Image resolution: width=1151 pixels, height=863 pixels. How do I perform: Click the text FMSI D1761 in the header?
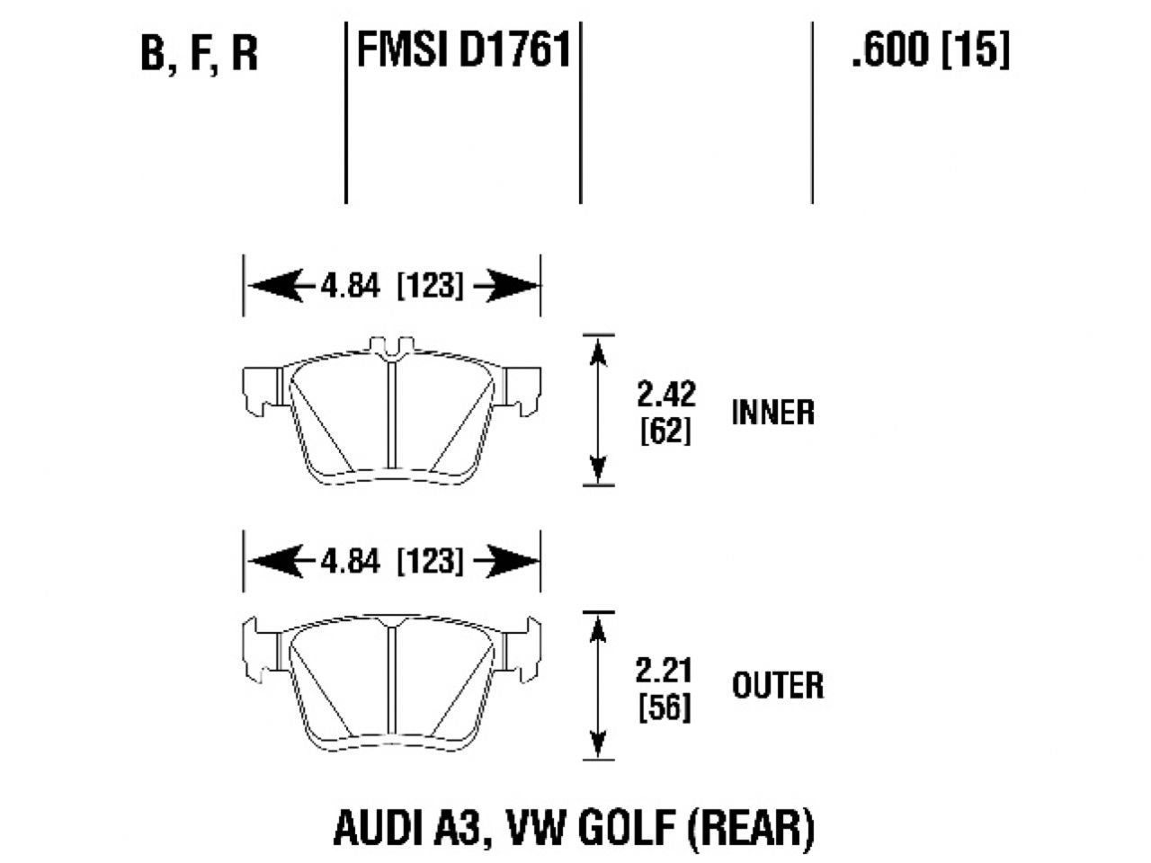coord(464,50)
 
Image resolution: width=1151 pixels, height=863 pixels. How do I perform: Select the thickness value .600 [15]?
coord(930,50)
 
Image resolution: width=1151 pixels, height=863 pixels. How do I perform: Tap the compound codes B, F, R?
coord(200,54)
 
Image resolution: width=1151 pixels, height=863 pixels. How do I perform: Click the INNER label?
coord(773,413)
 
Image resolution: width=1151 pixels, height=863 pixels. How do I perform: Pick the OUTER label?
coord(778,687)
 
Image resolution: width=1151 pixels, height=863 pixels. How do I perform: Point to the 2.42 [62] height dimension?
coord(665,413)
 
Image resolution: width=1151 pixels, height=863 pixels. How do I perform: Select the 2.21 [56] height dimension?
coord(665,688)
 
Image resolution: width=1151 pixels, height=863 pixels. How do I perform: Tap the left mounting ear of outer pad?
coord(261,645)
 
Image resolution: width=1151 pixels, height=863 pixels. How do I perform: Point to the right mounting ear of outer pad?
coord(522,645)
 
